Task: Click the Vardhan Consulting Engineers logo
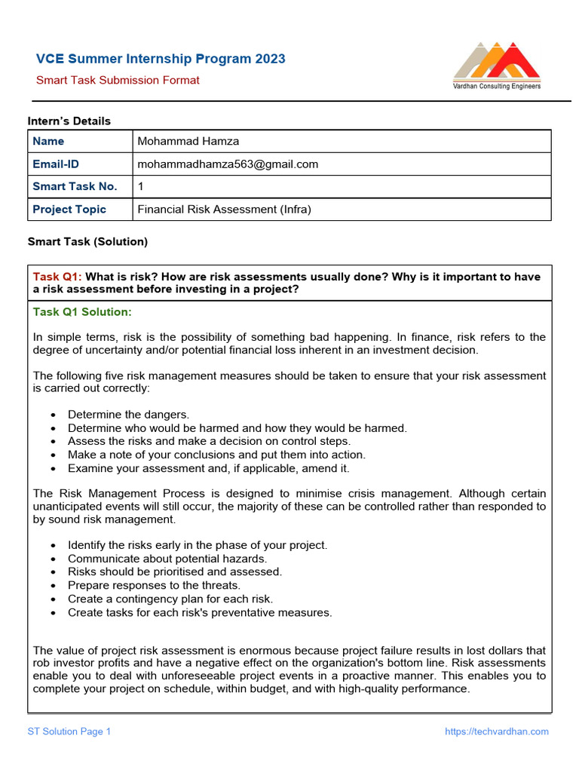pos(497,66)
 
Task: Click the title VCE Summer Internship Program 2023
pos(161,59)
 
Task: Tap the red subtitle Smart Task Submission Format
pos(118,80)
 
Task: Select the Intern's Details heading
pos(69,121)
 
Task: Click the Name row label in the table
pos(48,141)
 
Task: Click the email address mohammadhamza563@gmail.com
pos(228,164)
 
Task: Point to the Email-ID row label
pos(56,164)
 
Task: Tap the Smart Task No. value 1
pos(141,186)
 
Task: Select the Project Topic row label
pos(69,209)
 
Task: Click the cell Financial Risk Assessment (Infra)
pos(225,209)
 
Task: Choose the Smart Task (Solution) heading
pos(87,241)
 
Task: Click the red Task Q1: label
pos(57,277)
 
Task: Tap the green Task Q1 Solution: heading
pos(82,311)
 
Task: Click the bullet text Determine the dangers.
pos(128,414)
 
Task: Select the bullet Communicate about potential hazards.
pos(167,559)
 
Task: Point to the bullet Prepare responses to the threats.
pos(154,585)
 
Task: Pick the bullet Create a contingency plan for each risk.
pos(170,599)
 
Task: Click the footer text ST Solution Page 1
pos(69,731)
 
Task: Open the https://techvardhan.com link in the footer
pos(497,731)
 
